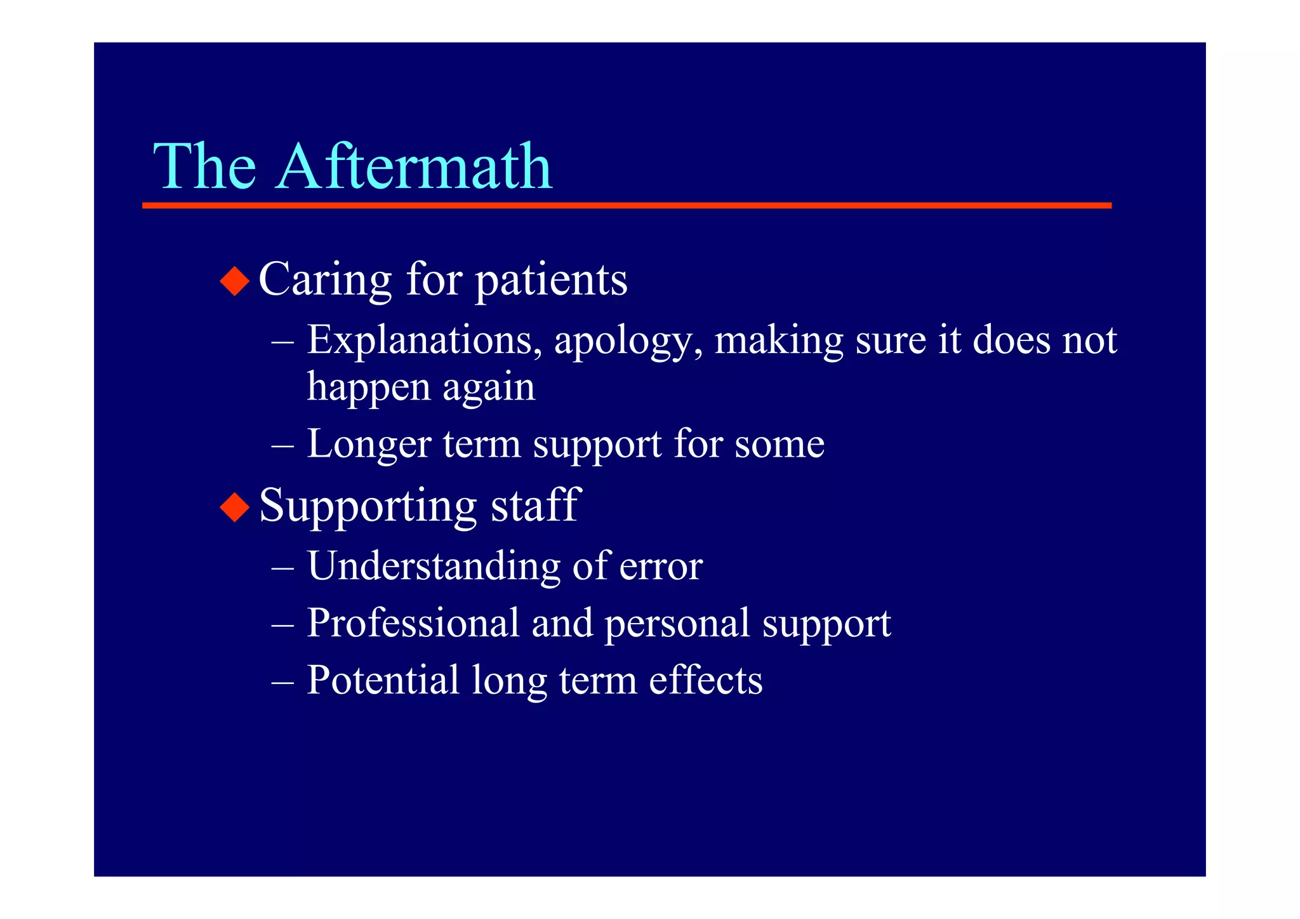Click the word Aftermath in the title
pos(414,166)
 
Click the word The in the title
pos(204,166)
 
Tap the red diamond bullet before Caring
pos(235,281)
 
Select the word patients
pos(551,281)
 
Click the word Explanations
pos(420,340)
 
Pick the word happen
pos(369,387)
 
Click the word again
pos(489,387)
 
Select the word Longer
pos(369,444)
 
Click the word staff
pos(535,506)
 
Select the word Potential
pos(383,680)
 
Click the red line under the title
pos(627,206)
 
